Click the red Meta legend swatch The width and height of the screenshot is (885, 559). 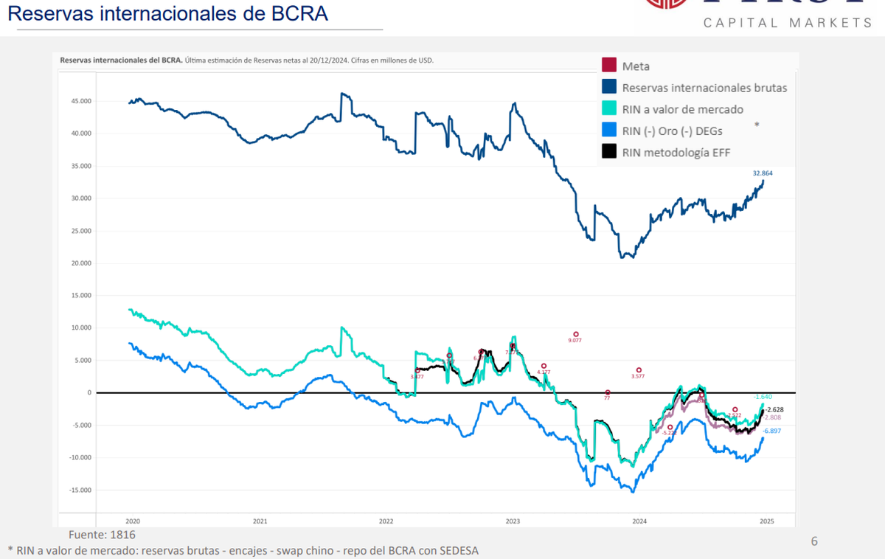[609, 66]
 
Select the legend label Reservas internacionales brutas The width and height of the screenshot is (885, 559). [704, 88]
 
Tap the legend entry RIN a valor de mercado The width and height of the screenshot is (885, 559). [682, 109]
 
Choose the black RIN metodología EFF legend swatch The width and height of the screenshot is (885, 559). [609, 152]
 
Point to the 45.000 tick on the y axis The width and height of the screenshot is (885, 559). [80, 101]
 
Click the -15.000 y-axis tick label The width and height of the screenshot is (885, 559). [79, 490]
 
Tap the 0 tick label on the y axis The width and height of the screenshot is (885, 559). [88, 393]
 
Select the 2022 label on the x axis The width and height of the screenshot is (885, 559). [386, 521]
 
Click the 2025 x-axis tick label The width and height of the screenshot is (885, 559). [766, 521]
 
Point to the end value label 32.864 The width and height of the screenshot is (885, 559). [763, 173]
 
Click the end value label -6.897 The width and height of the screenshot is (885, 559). [772, 431]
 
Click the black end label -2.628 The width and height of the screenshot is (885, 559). [774, 409]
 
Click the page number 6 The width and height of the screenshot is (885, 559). [814, 541]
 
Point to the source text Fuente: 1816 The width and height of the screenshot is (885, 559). [102, 535]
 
